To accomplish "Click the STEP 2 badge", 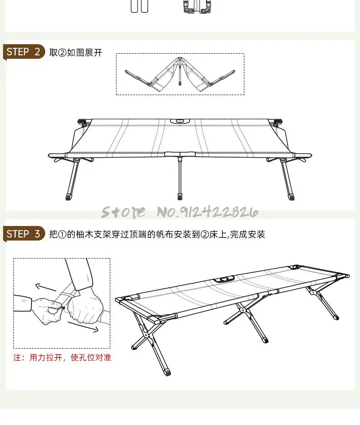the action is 24,51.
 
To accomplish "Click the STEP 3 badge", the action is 24,234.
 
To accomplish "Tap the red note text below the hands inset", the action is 62,358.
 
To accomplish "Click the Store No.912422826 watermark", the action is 180,212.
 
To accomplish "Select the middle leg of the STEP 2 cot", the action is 180,178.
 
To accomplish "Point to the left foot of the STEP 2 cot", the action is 68,197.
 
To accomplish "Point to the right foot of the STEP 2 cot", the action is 291,197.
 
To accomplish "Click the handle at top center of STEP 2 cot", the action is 180,121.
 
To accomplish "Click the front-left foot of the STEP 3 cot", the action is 168,371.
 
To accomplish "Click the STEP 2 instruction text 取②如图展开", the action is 76,53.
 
